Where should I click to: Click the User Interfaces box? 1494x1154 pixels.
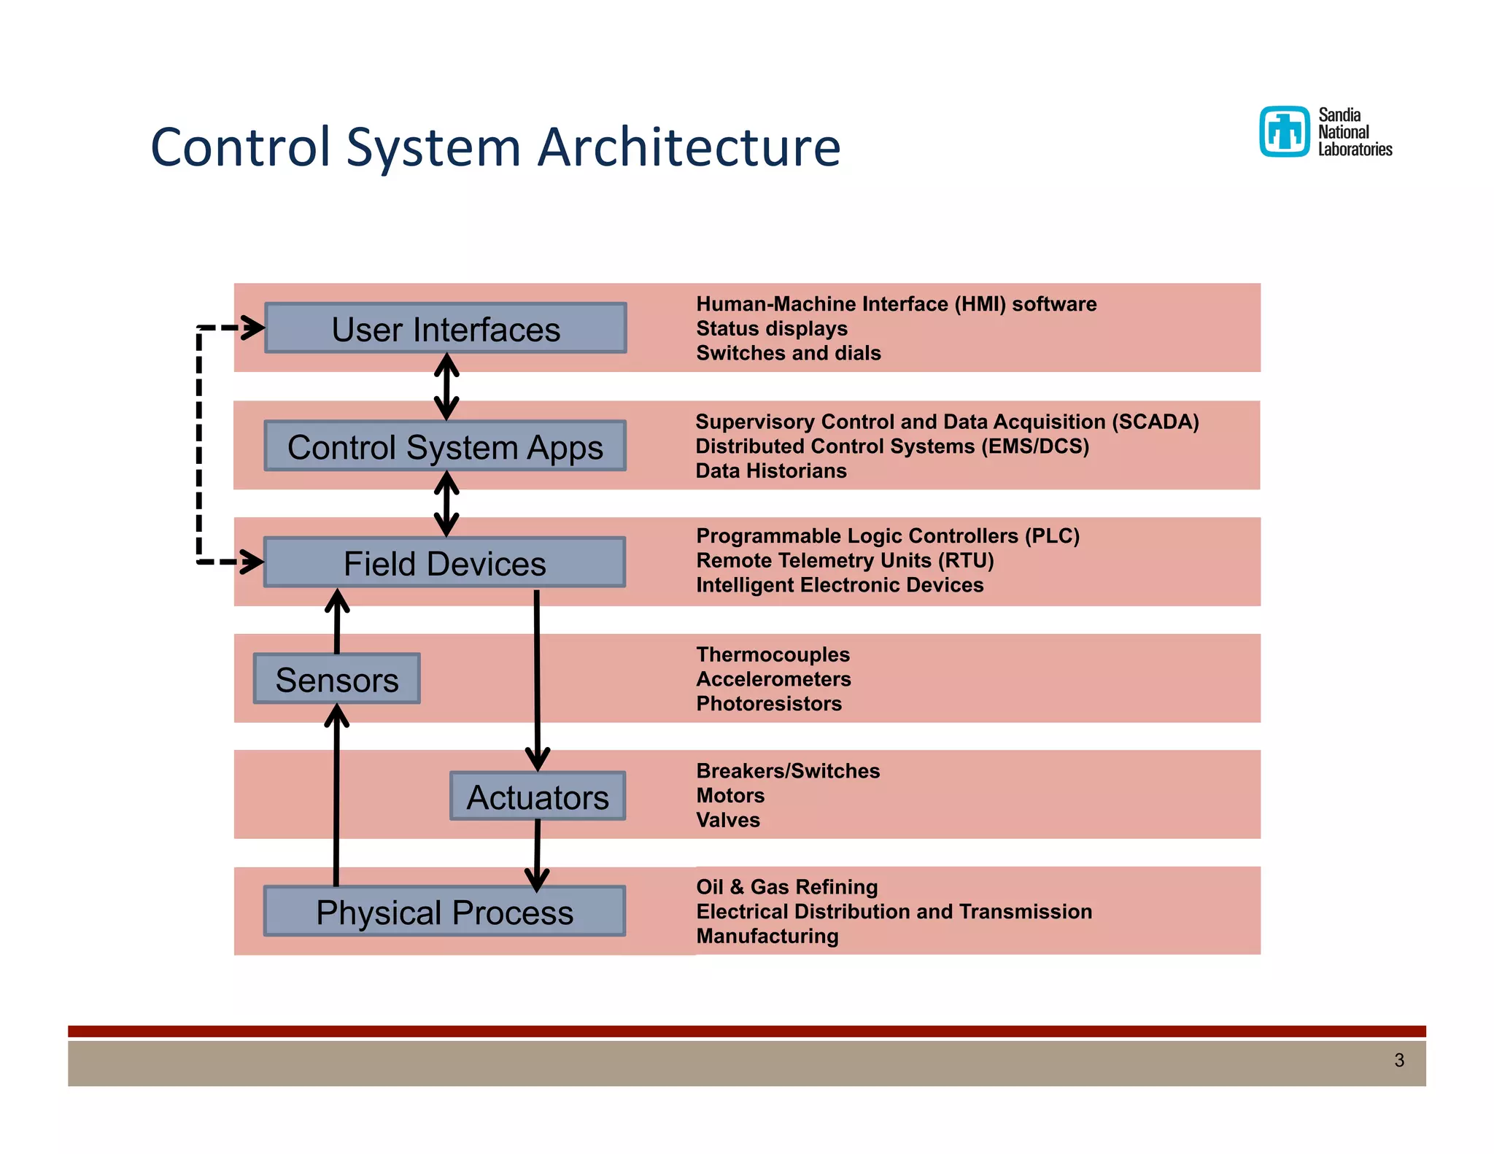445,328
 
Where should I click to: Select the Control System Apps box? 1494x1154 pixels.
445,446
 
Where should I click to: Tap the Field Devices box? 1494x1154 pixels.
444,563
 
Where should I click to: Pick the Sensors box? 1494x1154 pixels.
336,679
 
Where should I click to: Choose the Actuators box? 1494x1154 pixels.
538,797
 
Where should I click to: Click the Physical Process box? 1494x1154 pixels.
444,912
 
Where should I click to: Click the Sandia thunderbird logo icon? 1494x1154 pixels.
1284,132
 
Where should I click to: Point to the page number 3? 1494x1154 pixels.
1398,1060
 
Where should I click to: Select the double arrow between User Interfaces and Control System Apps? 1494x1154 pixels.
446,387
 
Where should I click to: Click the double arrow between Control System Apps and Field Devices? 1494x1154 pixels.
446,504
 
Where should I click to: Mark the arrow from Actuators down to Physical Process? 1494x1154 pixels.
538,853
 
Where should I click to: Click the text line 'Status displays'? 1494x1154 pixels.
771,329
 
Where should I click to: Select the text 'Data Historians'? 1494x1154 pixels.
770,471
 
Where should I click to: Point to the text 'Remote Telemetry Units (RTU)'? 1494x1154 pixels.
845,561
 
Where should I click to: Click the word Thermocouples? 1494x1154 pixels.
773,655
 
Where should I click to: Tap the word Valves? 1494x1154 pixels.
727,821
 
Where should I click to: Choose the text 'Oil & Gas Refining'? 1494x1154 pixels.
786,887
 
